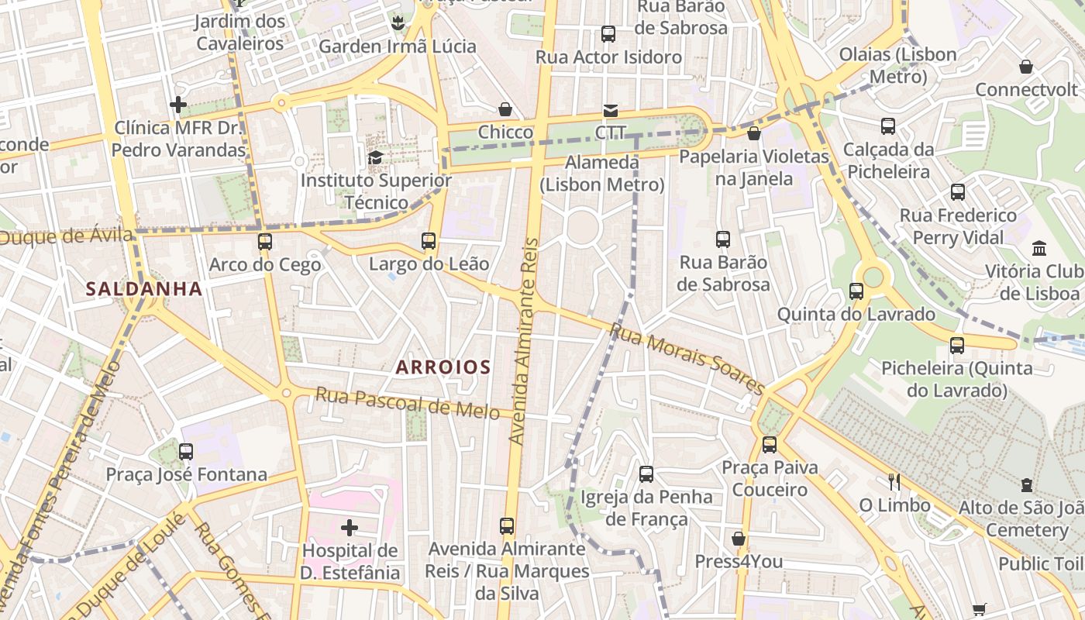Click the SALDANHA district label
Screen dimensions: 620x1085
[144, 289]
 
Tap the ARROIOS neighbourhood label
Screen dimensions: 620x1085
[443, 367]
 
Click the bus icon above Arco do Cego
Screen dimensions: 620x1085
[265, 241]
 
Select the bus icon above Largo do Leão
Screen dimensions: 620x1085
[429, 240]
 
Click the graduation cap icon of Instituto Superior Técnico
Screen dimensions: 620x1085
[376, 157]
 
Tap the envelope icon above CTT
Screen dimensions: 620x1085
[611, 110]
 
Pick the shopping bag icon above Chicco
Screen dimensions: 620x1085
[505, 109]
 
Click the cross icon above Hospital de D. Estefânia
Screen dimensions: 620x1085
[350, 528]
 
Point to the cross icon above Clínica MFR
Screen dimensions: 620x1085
[178, 104]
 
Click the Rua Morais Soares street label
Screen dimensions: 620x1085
[687, 358]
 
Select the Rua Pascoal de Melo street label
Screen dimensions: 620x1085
[407, 403]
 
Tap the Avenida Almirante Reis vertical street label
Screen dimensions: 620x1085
[524, 341]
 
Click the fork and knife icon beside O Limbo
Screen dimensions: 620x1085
[894, 482]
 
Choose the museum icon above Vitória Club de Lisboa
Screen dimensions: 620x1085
[1039, 249]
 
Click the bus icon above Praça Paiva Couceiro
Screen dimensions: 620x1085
[769, 444]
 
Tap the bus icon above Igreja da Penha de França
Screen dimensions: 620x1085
[646, 474]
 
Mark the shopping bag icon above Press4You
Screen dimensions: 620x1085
[739, 538]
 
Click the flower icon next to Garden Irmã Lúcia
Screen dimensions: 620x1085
[398, 23]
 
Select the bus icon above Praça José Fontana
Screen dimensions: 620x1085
[186, 451]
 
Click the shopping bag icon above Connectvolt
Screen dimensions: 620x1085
[1026, 67]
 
